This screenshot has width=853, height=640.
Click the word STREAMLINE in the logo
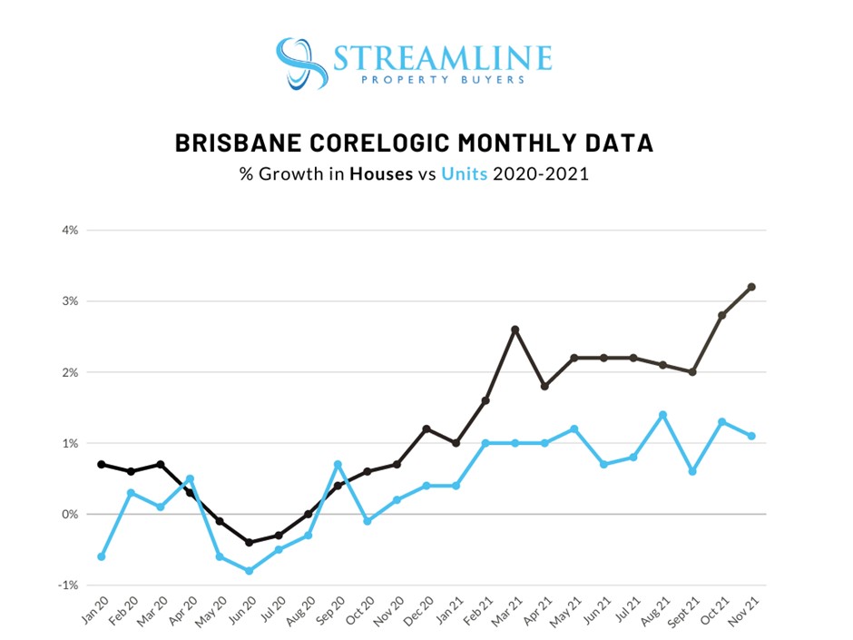442,58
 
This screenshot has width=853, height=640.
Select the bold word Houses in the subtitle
381,173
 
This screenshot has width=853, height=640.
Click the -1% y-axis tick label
68,585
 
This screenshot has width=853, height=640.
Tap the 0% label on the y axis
70,514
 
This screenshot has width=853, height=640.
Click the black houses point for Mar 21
515,330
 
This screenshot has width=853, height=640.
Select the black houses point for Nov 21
752,287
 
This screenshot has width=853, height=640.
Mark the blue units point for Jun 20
249,571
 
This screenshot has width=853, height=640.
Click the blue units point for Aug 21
663,415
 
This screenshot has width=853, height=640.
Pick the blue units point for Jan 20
101,556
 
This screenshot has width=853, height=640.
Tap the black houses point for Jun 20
249,542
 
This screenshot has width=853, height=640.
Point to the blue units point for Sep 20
338,465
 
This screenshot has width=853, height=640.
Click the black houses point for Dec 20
426,428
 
